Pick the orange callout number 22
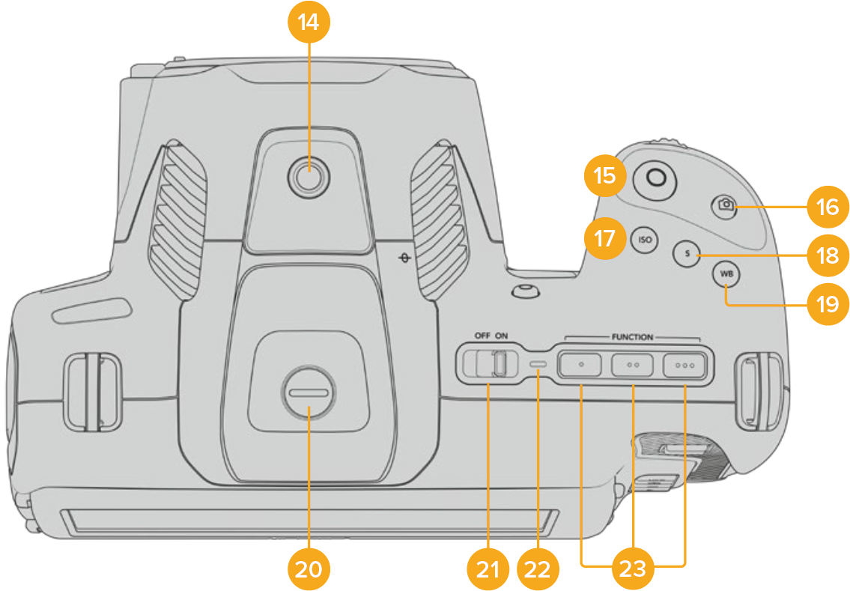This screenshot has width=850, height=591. (538, 569)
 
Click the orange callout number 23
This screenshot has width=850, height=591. (634, 569)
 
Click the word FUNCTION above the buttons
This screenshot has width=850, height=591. (633, 338)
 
